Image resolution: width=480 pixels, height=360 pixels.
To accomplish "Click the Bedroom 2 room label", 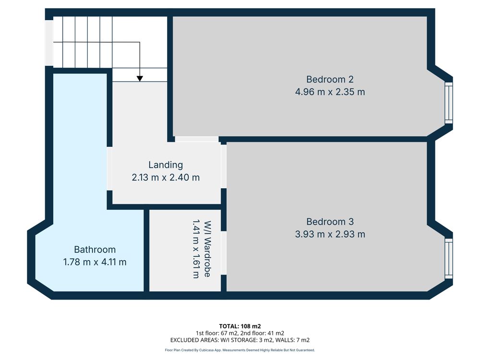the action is coord(330,79).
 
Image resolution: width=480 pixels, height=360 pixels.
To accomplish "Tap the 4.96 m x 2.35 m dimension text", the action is coord(330,92).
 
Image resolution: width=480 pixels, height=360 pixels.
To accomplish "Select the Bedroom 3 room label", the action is coord(330,222).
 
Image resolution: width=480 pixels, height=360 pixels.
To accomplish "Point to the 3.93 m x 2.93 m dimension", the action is coord(330,234).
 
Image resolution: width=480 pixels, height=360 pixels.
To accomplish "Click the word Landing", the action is coord(166,165).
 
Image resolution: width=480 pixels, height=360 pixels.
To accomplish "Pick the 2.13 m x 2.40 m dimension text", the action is coord(166,177).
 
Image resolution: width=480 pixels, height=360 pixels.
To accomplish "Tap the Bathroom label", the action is coord(95,250).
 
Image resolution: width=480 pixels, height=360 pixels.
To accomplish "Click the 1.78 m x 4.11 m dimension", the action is coord(95,262).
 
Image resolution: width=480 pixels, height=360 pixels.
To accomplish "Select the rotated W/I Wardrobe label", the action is coord(207,249).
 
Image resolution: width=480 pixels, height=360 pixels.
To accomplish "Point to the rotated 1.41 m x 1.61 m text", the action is coord(196,249).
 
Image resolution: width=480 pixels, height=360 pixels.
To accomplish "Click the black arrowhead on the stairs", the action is coord(140,79).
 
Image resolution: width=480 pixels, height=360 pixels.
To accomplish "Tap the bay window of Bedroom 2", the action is coord(448,103).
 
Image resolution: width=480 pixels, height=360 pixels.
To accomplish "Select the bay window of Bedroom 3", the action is coord(448,259).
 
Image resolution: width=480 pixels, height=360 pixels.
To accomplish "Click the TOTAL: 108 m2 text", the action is coord(240,326).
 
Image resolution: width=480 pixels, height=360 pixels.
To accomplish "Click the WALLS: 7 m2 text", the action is coord(292,340).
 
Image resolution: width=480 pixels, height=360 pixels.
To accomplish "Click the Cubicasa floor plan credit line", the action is coord(240,350).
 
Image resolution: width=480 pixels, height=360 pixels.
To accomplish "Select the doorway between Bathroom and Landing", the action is coord(109,168).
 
